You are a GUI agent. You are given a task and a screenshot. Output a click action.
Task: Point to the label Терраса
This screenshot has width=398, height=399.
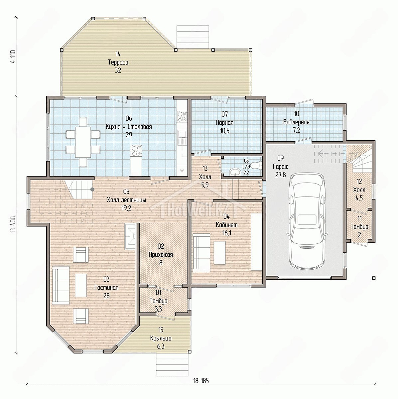118,62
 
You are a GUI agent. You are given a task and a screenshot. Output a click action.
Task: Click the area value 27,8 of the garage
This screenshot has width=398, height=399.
281,175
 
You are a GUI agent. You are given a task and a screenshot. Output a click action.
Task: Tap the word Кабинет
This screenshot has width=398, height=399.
226,225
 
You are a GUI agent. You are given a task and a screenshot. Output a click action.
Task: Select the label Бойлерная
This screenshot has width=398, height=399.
296,122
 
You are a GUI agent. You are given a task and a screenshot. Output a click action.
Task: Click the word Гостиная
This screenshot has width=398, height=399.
106,288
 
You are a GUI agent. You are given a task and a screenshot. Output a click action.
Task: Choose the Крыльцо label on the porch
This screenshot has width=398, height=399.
161,338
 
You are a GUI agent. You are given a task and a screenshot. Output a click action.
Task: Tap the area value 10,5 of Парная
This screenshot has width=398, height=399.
224,131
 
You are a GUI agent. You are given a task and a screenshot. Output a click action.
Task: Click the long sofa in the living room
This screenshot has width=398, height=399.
61,286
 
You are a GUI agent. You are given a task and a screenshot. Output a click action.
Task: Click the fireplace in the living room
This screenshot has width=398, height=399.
130,236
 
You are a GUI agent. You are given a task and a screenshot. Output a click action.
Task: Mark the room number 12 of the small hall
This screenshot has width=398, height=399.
359,182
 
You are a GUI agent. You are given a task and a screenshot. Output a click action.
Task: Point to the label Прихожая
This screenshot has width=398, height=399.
161,254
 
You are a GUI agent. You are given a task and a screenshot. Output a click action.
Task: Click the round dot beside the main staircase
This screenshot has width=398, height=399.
92,189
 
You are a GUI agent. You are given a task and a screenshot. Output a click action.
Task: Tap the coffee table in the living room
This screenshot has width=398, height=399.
81,286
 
